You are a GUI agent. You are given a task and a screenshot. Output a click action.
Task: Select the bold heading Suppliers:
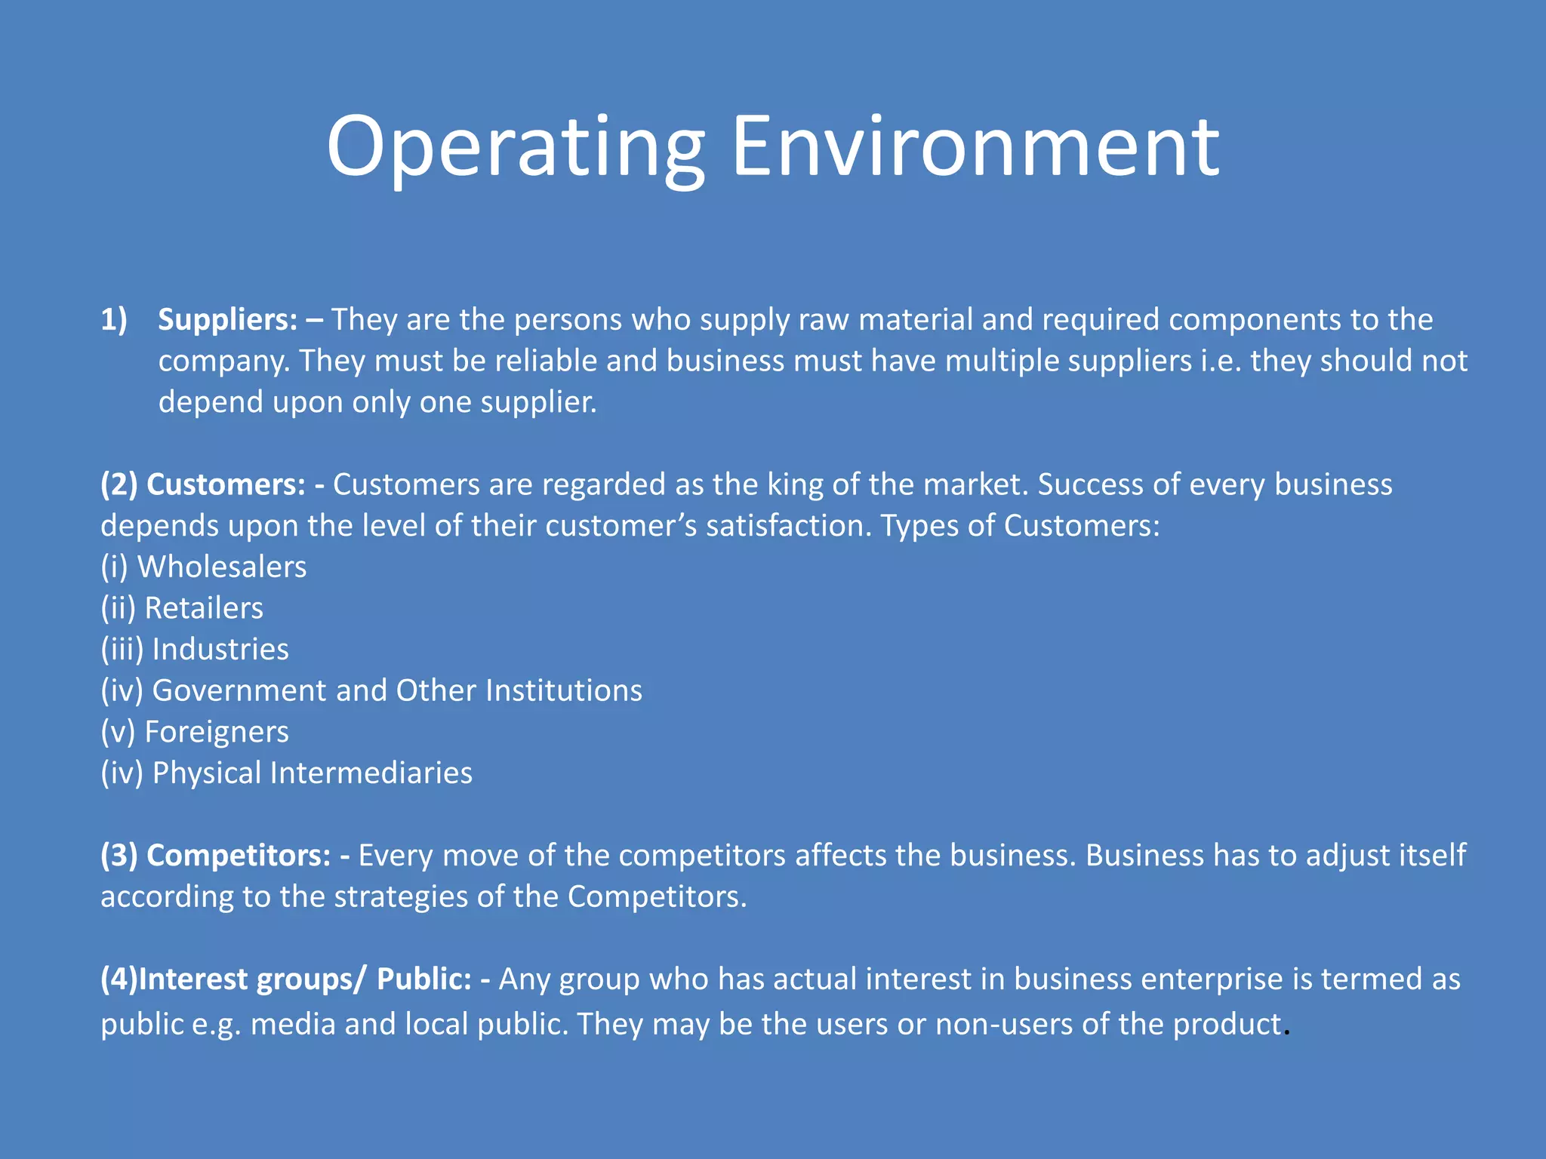(227, 320)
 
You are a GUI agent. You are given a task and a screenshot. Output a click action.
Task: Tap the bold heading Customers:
(226, 484)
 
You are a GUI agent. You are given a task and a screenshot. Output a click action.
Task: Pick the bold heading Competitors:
(238, 856)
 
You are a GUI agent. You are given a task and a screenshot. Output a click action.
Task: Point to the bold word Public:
(424, 979)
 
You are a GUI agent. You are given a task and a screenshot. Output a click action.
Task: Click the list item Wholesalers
(222, 567)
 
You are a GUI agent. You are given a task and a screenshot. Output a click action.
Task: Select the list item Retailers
(204, 608)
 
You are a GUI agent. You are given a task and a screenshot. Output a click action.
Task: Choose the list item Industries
(220, 650)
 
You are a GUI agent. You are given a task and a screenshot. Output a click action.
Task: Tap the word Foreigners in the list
(217, 732)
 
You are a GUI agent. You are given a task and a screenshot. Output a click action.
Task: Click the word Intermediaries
(371, 773)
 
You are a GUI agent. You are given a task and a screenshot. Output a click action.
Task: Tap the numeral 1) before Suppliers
(114, 320)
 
